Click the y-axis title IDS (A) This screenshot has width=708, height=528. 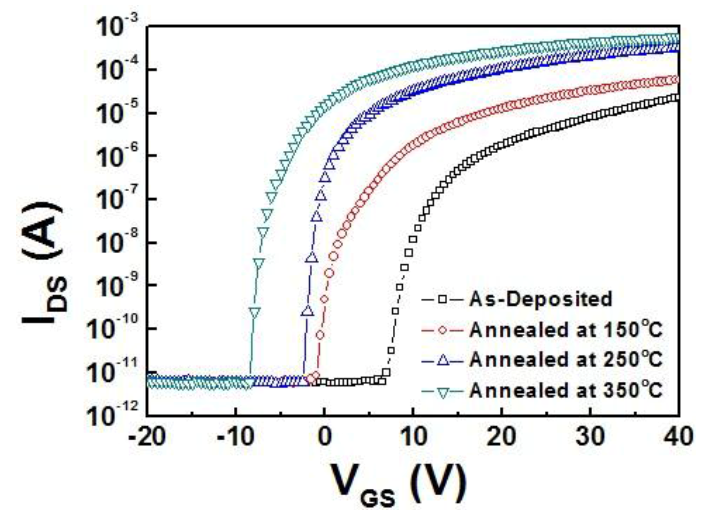[x=43, y=262]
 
